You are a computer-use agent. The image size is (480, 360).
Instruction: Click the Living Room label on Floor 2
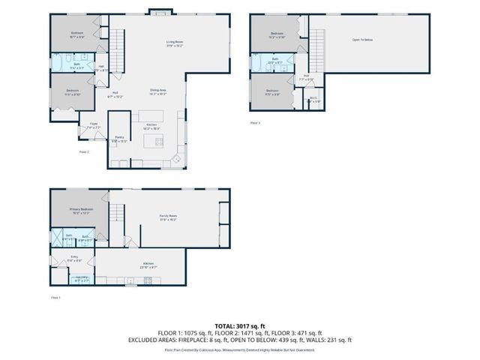175,43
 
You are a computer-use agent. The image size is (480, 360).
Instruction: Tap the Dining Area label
157,91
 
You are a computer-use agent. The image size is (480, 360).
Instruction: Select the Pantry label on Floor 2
119,139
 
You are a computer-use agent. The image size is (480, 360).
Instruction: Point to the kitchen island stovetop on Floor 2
158,140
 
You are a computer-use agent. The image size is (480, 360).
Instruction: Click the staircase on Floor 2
116,56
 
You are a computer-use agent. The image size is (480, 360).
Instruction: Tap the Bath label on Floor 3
275,61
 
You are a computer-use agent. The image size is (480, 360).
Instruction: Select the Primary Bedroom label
80,211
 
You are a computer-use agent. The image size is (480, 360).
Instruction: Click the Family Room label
167,217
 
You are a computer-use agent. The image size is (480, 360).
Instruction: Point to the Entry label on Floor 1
74,259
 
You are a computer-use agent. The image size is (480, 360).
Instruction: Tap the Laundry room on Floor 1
81,279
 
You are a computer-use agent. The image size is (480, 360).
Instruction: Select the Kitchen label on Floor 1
148,265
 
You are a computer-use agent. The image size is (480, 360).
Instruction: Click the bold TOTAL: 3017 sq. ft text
239,325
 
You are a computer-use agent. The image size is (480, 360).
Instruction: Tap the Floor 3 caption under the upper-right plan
256,122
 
